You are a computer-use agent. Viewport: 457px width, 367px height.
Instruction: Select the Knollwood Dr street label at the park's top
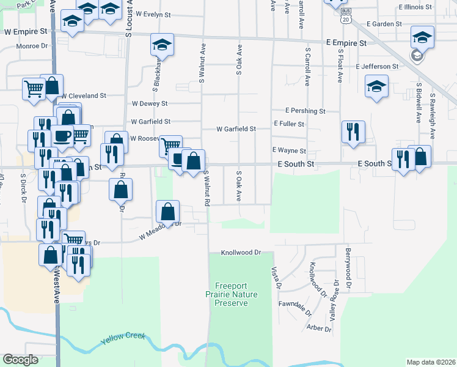(x=241, y=252)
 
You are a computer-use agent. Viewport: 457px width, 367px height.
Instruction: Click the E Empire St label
(x=346, y=44)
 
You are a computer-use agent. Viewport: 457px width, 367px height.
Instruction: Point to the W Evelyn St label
(x=156, y=13)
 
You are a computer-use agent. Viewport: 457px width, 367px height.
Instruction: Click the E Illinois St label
(x=415, y=7)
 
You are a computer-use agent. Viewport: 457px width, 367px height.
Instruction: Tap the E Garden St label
(x=384, y=24)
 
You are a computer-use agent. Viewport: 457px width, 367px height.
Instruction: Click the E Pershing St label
(x=305, y=111)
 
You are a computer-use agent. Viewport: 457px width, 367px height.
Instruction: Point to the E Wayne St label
(x=288, y=150)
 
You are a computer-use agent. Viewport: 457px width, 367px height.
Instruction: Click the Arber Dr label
(x=320, y=328)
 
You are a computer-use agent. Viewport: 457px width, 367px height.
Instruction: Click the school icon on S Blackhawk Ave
(x=163, y=45)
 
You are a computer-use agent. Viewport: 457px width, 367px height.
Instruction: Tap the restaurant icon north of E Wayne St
(x=353, y=131)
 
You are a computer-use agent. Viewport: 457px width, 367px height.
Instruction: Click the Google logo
(x=21, y=360)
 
